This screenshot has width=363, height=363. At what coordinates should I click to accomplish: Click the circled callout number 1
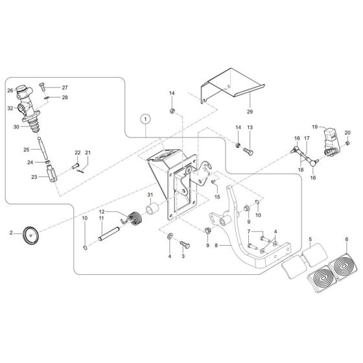146,119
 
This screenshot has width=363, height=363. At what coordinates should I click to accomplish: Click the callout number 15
217,196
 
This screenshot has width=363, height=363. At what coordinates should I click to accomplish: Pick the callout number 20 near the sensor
347,132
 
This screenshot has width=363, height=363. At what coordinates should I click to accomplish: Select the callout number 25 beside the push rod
27,150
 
